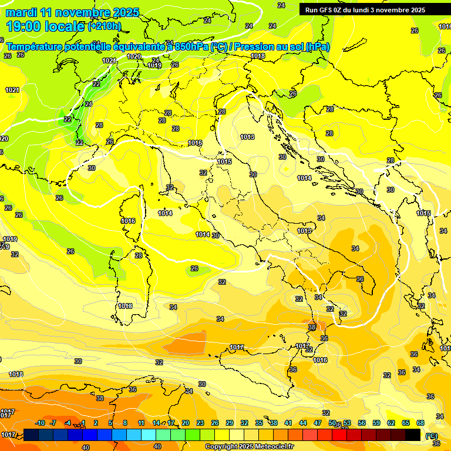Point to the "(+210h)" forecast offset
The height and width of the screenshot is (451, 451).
104,26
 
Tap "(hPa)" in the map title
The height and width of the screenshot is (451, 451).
318,46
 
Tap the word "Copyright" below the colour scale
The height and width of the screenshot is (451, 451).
221,447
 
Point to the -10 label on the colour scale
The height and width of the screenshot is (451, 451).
39,423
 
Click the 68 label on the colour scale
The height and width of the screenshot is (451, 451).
420,423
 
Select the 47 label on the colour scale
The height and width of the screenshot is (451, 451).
317,423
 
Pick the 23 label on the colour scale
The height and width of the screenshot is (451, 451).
200,423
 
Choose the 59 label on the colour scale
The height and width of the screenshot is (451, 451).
376,423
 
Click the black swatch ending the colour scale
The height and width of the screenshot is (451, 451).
413,435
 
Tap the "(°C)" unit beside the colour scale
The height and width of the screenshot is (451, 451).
432,435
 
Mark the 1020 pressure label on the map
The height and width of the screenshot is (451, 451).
134,56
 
